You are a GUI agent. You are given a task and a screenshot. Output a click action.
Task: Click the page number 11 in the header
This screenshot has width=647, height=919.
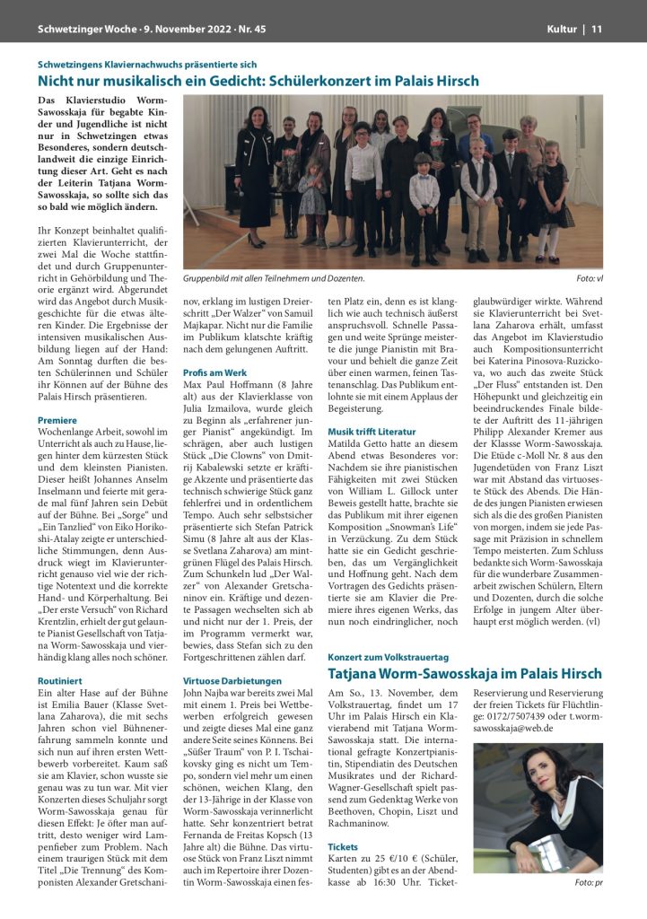pos(596,30)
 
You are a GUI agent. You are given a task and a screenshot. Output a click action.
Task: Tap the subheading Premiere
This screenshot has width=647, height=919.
pos(57,420)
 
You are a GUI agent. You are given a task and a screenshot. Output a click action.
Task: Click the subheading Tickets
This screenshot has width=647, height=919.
pos(343,846)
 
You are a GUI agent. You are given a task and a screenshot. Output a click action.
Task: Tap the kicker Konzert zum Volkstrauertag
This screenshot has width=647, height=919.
pos(389,656)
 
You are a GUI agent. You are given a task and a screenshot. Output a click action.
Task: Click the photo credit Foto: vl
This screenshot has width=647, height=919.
pos(589,278)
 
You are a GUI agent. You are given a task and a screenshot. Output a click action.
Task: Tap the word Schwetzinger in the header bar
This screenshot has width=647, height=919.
pos(70,30)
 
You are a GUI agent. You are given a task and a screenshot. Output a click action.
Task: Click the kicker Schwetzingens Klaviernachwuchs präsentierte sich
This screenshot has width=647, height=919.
pos(147,64)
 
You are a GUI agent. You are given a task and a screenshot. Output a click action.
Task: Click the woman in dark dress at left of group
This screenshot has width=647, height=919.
pos(255,171)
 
